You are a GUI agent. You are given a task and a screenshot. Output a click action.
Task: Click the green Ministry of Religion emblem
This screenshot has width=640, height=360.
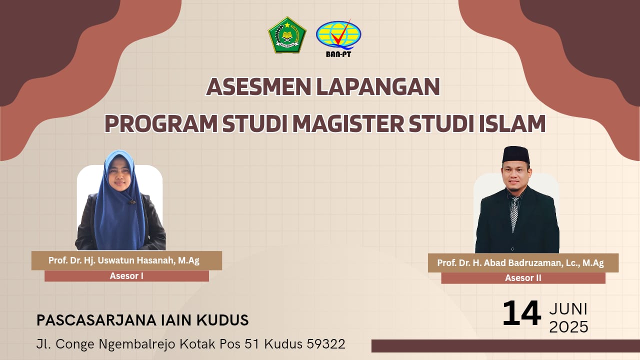click(287, 35)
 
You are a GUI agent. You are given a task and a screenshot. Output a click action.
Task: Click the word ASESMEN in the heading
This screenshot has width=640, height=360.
click(259, 87)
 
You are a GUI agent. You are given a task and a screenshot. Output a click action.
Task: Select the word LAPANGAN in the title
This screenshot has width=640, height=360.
click(378, 87)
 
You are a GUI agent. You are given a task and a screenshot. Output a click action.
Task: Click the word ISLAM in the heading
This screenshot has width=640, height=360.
click(512, 123)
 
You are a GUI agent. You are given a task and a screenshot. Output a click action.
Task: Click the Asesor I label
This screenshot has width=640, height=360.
click(126, 276)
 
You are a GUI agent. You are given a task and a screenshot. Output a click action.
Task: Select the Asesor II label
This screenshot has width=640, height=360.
click(523, 278)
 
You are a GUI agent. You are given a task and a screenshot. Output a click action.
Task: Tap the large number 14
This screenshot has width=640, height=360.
click(521, 313)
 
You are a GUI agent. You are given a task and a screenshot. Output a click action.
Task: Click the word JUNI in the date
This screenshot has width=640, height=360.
click(568, 309)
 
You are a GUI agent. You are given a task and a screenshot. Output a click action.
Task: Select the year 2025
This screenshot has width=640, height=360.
click(568, 327)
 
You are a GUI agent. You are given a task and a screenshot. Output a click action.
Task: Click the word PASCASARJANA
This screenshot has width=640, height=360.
click(96, 320)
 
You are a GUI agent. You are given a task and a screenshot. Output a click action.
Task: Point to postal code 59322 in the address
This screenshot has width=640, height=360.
click(326, 344)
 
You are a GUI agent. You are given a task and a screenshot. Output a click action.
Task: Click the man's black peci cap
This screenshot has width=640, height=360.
click(516, 155)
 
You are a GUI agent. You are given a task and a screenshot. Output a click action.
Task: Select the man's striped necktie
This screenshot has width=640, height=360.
click(514, 213)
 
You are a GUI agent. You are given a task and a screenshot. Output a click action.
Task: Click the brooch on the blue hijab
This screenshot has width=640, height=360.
click(132, 201)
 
